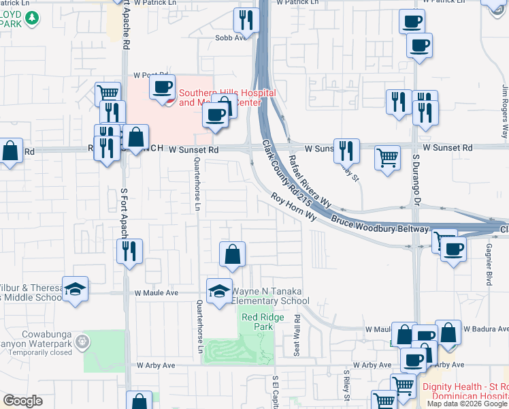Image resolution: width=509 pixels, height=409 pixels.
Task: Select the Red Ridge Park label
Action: (x=257, y=322)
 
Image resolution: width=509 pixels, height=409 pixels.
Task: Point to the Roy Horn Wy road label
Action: (x=295, y=207)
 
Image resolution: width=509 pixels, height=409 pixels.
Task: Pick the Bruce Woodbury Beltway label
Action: (x=380, y=225)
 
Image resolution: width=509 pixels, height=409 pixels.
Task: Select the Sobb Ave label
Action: (x=230, y=38)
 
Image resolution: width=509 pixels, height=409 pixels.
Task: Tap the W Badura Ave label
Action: (x=485, y=329)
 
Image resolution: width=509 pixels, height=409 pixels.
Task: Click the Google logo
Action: (x=22, y=401)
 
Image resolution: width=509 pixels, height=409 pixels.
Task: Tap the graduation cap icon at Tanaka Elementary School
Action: (x=219, y=292)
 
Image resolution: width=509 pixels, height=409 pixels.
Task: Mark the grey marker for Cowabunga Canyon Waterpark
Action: (x=83, y=341)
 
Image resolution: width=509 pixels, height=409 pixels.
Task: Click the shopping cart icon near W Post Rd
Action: (x=108, y=93)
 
